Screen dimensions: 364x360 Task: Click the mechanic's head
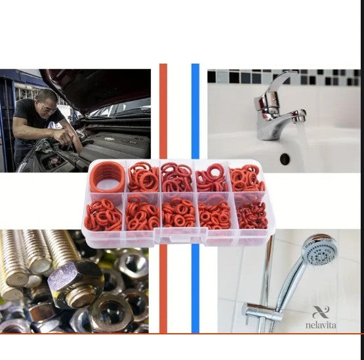[47, 102]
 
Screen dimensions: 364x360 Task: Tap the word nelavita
[321, 325]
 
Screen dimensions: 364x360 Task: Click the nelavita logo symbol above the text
[321, 312]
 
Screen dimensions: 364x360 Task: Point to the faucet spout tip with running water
[300, 116]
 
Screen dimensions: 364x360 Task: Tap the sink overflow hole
[285, 159]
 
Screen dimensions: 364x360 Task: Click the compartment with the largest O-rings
[108, 177]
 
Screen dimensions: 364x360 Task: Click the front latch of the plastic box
[180, 235]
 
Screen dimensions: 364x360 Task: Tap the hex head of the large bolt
[75, 275]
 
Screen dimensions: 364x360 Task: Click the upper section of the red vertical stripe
[163, 111]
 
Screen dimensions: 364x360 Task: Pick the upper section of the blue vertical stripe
[195, 111]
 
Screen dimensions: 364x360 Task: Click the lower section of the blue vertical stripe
[195, 289]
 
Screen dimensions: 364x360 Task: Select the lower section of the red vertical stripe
[163, 289]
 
